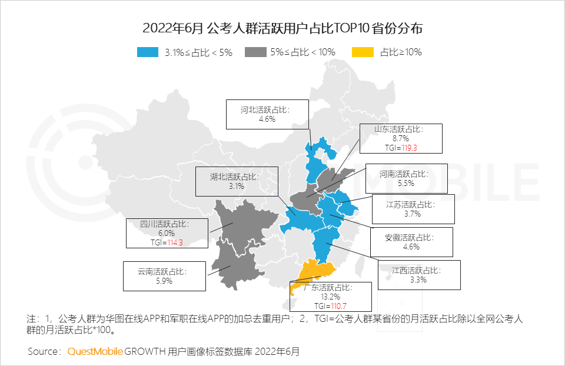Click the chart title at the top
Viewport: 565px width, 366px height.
(x=282, y=28)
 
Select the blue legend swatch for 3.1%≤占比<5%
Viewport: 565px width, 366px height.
(x=148, y=52)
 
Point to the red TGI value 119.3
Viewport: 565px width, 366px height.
(x=406, y=148)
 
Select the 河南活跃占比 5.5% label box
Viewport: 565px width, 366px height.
(x=406, y=178)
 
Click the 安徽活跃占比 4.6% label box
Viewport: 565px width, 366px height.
(x=411, y=242)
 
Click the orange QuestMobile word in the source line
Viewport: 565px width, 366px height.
(x=95, y=352)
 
